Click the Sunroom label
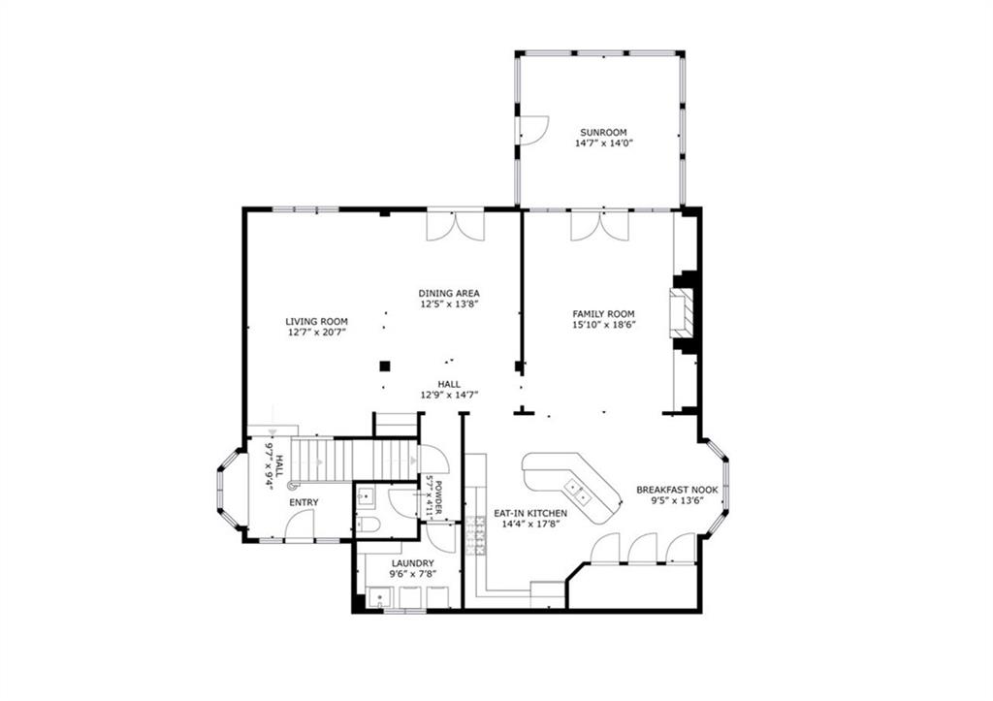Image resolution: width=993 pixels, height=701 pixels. (603, 133)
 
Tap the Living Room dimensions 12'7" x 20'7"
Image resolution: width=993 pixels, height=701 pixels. (316, 332)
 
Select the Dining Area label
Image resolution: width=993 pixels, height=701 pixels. (449, 293)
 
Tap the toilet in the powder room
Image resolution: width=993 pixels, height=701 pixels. (367, 525)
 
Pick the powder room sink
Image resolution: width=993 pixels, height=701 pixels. (366, 497)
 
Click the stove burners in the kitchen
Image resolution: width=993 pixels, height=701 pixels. (475, 534)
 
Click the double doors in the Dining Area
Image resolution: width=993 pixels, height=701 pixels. (456, 225)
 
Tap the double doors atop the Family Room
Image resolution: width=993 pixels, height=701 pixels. (598, 225)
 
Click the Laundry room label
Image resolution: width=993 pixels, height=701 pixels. (412, 563)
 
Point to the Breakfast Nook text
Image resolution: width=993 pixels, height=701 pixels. (677, 490)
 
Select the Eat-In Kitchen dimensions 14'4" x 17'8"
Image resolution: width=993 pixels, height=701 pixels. (529, 525)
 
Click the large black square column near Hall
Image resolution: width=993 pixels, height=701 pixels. (384, 366)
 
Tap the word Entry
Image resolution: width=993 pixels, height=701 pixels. (304, 501)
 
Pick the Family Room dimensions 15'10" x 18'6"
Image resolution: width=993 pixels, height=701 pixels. (603, 326)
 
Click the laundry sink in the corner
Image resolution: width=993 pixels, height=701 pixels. (378, 598)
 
